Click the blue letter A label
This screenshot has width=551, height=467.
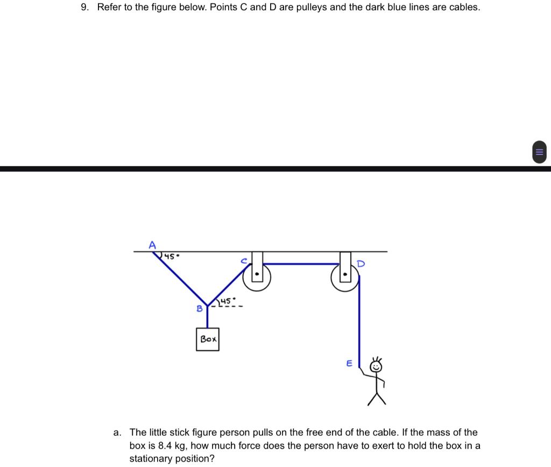[x=152, y=245]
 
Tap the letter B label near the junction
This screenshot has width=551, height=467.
[x=200, y=309]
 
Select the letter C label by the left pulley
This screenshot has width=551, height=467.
[x=244, y=261]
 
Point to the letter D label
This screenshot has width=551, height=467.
[x=361, y=264]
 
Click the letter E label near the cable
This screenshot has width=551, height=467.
[x=349, y=364]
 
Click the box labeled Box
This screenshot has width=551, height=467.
[x=208, y=339]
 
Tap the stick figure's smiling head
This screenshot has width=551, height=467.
[x=377, y=367]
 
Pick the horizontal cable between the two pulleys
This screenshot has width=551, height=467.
[x=301, y=264]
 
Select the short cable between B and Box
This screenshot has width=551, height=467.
[x=208, y=317]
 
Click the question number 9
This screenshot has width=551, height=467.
[x=84, y=8]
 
